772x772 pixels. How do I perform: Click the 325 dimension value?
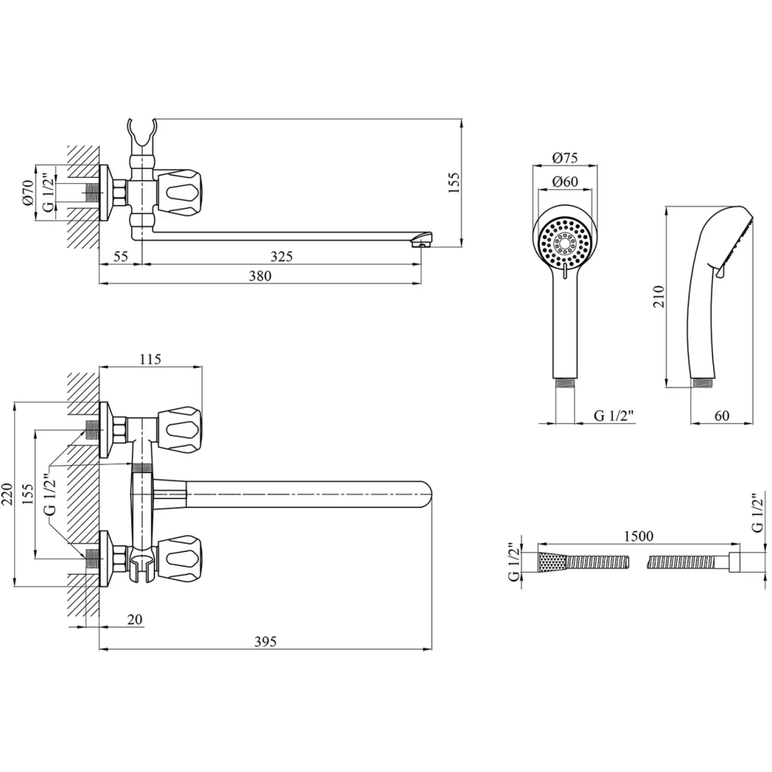(281, 256)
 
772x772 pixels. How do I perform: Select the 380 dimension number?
(259, 276)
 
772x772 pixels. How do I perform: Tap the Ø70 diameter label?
(27, 192)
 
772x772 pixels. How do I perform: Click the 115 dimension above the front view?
(150, 360)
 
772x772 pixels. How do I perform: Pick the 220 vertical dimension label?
(7, 495)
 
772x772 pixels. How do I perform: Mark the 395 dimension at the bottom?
(265, 642)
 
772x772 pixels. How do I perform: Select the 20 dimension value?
(135, 620)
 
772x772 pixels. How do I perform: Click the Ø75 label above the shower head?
(565, 158)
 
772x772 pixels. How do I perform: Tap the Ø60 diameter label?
(565, 181)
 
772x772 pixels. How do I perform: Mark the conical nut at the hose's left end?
(550, 562)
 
